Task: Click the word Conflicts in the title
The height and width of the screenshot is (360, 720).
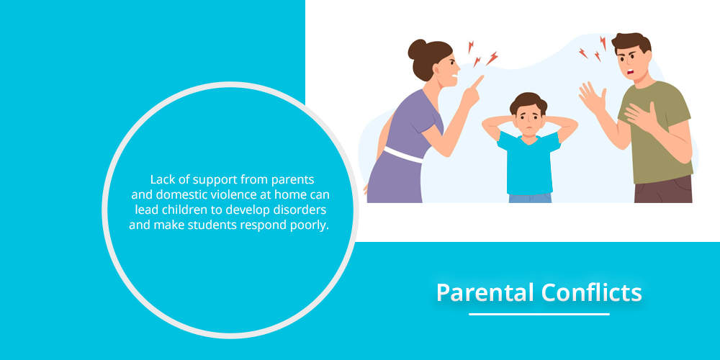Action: click(x=591, y=292)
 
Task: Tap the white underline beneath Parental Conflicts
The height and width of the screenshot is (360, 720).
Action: click(x=539, y=314)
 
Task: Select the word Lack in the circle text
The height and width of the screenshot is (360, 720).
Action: click(x=161, y=179)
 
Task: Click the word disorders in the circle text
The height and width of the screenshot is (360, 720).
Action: click(x=304, y=210)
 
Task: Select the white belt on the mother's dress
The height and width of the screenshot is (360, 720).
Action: click(x=403, y=155)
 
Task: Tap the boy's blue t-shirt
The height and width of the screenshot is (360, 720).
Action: click(x=529, y=163)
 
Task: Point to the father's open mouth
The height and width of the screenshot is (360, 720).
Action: click(x=631, y=71)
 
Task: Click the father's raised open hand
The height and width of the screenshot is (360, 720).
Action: click(x=592, y=98)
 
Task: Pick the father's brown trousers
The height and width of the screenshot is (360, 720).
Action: click(x=663, y=189)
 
